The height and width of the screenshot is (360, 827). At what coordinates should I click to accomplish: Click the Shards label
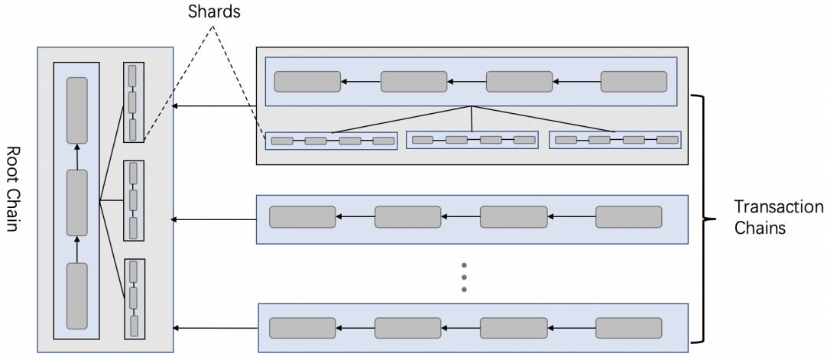coord(214,11)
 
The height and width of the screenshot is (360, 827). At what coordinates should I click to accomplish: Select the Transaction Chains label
coord(779,217)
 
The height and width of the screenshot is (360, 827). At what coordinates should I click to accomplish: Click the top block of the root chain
coord(77,111)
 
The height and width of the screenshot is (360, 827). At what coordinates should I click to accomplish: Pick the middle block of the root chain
coord(77,203)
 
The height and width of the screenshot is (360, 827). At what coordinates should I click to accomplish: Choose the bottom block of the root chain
coord(77,297)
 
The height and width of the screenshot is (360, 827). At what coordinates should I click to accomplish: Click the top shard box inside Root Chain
coord(134,102)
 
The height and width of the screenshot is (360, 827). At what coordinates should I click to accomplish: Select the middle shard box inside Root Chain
coord(134,200)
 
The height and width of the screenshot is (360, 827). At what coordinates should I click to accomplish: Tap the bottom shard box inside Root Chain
coord(134,299)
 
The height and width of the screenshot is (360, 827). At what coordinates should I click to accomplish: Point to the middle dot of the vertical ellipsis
coord(464,277)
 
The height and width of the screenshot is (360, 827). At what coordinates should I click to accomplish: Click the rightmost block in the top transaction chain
coord(634,82)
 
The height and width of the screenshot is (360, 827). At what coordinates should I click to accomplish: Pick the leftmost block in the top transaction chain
coord(307,82)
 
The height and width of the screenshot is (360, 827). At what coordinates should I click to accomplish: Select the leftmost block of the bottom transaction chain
coord(302,328)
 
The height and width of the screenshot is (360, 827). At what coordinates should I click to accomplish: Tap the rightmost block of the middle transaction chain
coord(629,216)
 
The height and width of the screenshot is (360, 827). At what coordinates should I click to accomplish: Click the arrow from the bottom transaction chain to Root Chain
coord(216,329)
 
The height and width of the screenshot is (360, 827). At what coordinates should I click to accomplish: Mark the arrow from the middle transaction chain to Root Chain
coord(215,219)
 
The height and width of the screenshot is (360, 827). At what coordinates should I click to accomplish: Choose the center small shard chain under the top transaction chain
coord(472,140)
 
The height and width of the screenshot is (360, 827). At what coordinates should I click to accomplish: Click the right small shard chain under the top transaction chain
coord(615,140)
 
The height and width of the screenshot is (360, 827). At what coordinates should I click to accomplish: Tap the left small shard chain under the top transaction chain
coord(331,141)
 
